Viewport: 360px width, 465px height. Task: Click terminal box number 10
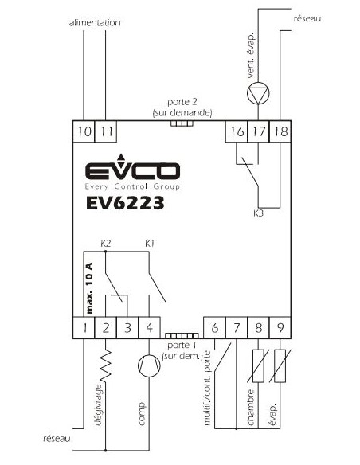pos(84,131)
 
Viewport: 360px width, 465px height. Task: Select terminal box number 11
pos(106,131)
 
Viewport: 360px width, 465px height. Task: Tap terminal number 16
pos(237,131)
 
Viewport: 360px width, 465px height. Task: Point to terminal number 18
pos(280,131)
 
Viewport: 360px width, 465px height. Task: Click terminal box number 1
pos(84,328)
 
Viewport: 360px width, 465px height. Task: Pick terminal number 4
pos(150,328)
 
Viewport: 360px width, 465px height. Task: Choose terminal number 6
pos(215,328)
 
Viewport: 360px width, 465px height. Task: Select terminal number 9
pos(280,328)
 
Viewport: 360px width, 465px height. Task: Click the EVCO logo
pos(132,172)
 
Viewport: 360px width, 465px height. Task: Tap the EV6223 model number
pos(125,204)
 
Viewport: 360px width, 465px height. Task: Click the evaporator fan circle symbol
pos(258,93)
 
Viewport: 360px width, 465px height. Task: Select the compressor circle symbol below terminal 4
pos(149,366)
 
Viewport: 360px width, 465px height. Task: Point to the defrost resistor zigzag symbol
pos(106,365)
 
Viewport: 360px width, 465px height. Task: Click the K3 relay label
pos(258,213)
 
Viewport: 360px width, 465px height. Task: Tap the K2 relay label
pos(106,244)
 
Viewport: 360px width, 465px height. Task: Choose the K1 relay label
pos(150,244)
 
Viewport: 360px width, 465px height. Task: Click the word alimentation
pos(95,23)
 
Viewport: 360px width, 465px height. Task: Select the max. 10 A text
pos(89,288)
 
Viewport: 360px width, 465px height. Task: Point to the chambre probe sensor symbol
pos(258,366)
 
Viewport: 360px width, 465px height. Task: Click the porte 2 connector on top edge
pos(182,123)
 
